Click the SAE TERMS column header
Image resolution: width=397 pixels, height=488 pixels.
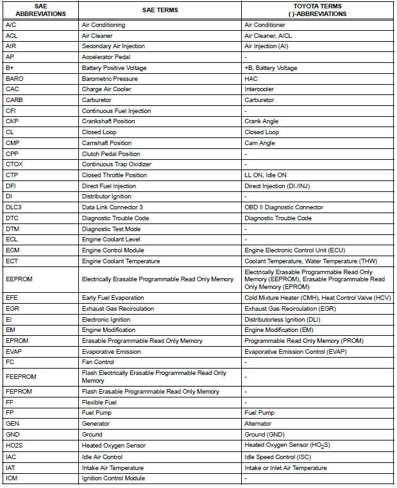160,10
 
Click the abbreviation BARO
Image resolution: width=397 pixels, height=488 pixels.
14,78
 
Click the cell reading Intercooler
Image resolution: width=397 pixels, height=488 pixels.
260,89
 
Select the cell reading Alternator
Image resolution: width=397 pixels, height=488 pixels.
258,424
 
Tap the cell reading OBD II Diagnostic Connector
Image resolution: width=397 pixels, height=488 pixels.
283,207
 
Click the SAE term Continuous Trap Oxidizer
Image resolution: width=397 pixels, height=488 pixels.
116,164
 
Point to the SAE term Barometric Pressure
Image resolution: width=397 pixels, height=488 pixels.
110,78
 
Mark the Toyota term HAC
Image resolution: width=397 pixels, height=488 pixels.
251,78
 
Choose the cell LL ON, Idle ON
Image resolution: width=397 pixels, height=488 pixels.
266,175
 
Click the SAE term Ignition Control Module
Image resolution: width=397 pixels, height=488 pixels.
114,478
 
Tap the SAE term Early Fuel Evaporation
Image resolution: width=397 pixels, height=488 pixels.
114,298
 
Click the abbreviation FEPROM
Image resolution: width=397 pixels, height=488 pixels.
19,392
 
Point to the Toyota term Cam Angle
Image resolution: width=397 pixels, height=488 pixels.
260,143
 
